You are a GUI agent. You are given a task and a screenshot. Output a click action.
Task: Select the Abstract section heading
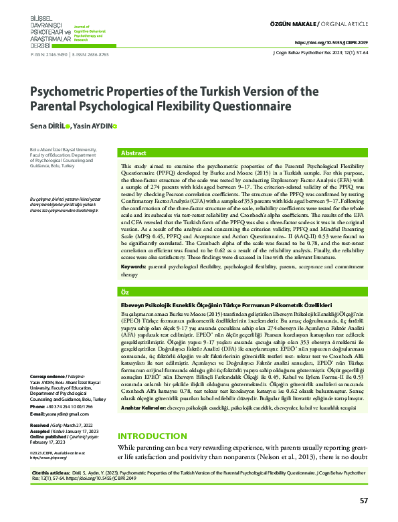pyautogui.click(x=134, y=153)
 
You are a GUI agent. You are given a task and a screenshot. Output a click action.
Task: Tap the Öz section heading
pyautogui.click(x=125, y=292)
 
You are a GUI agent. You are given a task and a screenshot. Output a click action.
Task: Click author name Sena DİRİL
pyautogui.click(x=51, y=125)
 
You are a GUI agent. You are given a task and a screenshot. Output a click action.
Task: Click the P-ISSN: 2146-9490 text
pyautogui.click(x=49, y=55)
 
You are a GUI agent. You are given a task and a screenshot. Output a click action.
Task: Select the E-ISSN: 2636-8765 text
pyautogui.click(x=90, y=55)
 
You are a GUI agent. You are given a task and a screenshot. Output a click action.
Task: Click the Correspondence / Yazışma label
pyautogui.click(x=56, y=358)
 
